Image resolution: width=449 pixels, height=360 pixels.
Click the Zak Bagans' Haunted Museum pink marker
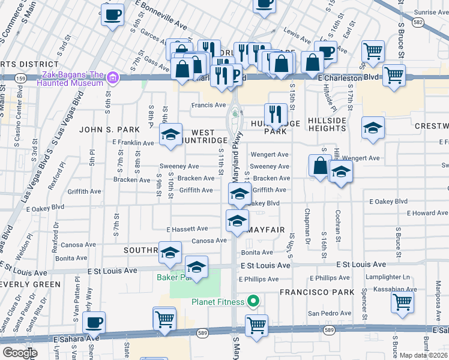click(x=112, y=77)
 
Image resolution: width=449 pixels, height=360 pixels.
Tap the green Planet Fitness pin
click(x=253, y=301)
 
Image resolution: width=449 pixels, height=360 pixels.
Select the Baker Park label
click(x=173, y=277)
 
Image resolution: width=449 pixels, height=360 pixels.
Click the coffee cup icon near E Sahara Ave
click(x=94, y=323)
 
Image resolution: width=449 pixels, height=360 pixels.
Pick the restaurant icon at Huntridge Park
click(x=276, y=113)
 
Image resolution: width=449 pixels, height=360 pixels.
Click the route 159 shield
click(x=20, y=78)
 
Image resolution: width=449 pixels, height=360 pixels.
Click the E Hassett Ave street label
click(x=187, y=229)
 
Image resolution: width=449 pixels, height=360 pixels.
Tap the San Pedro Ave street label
click(x=330, y=313)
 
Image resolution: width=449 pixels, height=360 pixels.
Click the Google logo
click(x=19, y=352)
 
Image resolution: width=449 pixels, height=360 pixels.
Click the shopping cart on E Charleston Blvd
click(x=394, y=76)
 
